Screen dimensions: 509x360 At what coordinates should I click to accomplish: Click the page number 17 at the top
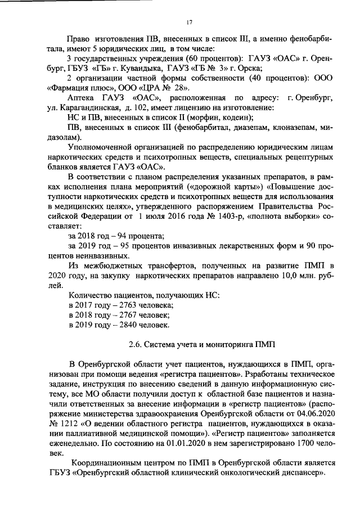coord(189,22)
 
